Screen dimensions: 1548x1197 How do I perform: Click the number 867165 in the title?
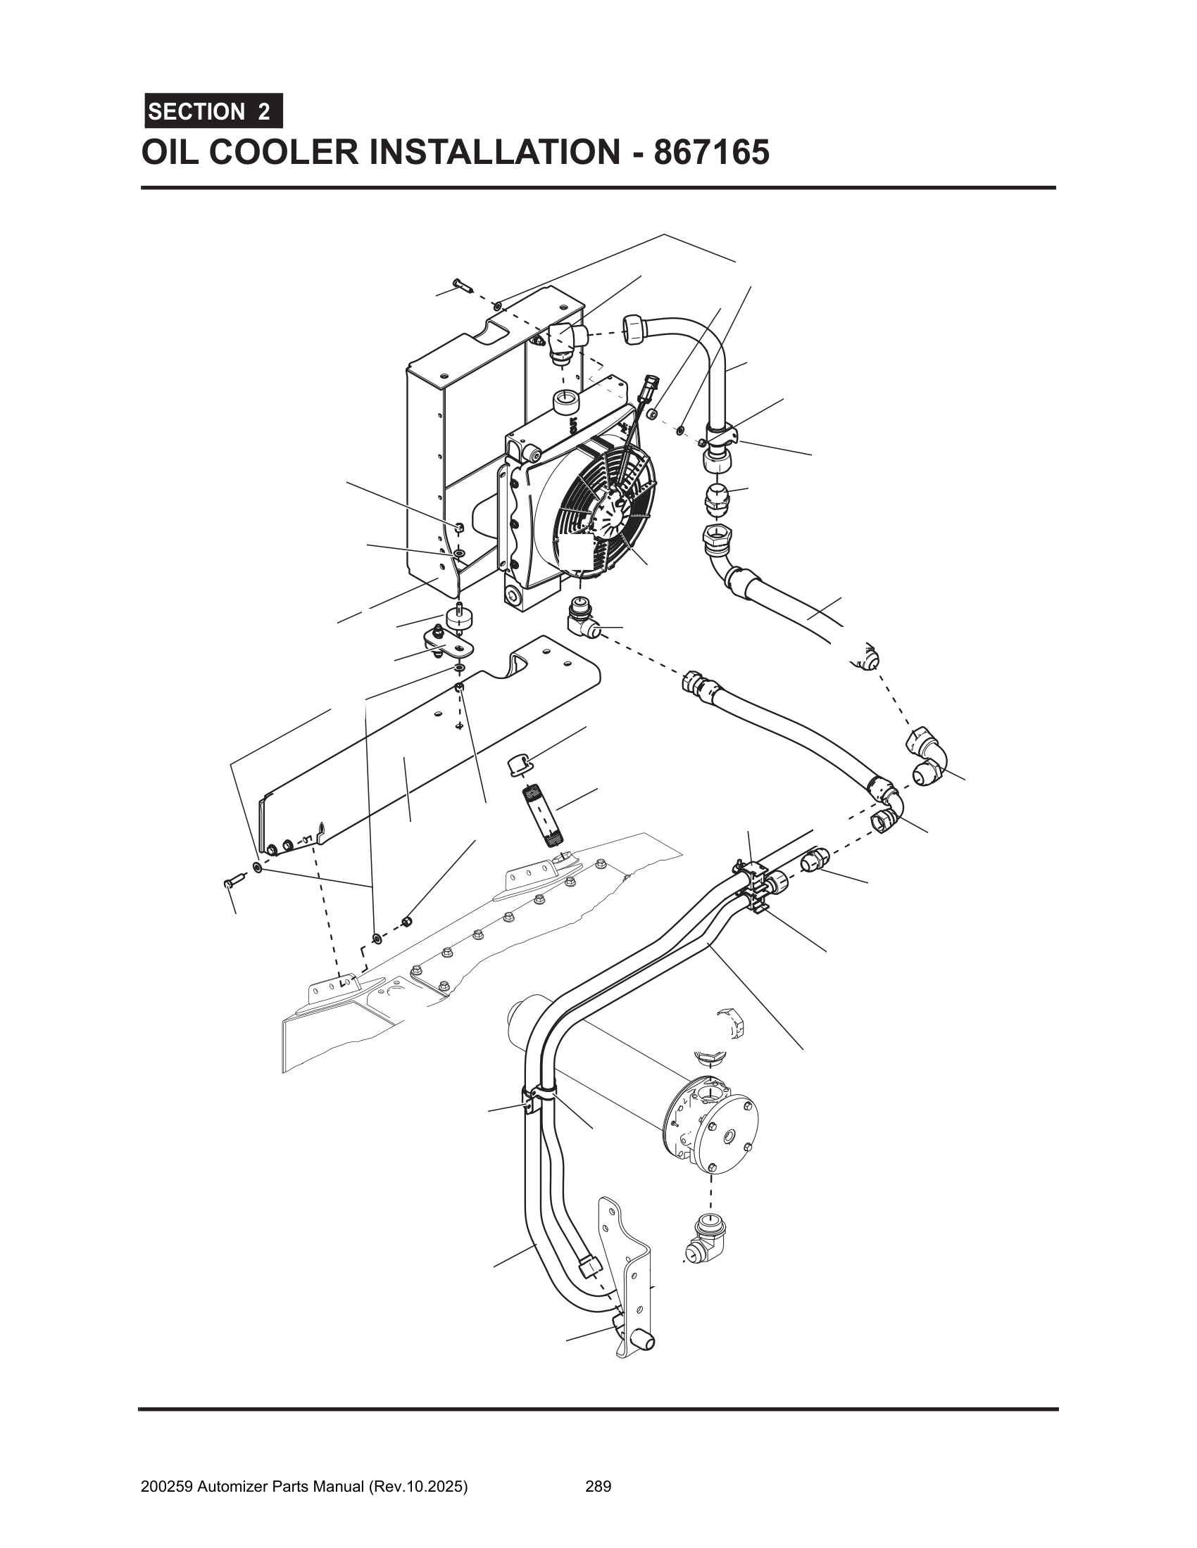711,152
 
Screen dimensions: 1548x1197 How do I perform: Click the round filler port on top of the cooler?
566,402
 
